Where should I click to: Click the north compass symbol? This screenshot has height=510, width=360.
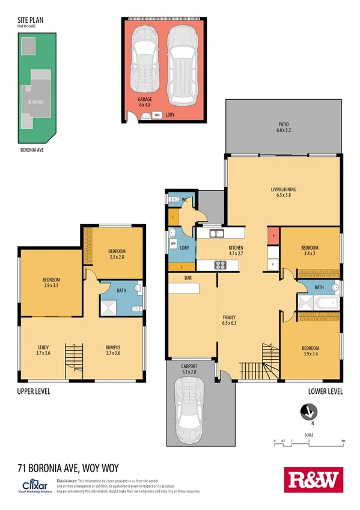click(308, 412)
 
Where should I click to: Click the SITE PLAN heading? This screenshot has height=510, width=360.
click(30, 20)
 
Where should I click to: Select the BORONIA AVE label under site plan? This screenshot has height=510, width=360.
click(32, 150)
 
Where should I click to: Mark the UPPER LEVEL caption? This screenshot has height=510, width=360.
click(34, 392)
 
